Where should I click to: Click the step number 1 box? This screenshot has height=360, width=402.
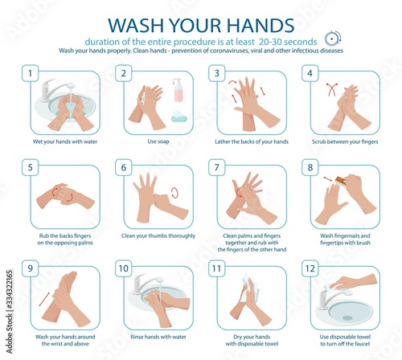coord(30,73)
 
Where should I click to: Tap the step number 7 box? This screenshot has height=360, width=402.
coord(217,167)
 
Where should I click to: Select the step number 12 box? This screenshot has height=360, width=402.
coord(310,268)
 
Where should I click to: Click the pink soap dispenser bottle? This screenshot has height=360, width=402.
coord(178,90)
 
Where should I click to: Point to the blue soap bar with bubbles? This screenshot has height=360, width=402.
coord(179,117)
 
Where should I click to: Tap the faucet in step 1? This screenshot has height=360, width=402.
coord(55,90)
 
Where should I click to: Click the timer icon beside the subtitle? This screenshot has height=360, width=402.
coord(333,39)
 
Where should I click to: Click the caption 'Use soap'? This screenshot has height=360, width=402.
coord(158,141)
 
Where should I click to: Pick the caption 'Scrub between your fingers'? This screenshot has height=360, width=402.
coord(345,141)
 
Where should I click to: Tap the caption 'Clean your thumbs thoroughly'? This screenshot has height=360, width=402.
coord(158,235)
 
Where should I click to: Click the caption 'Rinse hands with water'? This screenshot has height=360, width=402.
coord(158,337)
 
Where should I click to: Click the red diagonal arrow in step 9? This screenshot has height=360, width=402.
coord(44,299)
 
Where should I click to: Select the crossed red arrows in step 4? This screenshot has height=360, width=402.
coord(331,89)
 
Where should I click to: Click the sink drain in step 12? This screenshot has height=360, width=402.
coord(347,318)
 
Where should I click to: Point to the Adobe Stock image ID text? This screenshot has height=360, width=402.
coord(10,312)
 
